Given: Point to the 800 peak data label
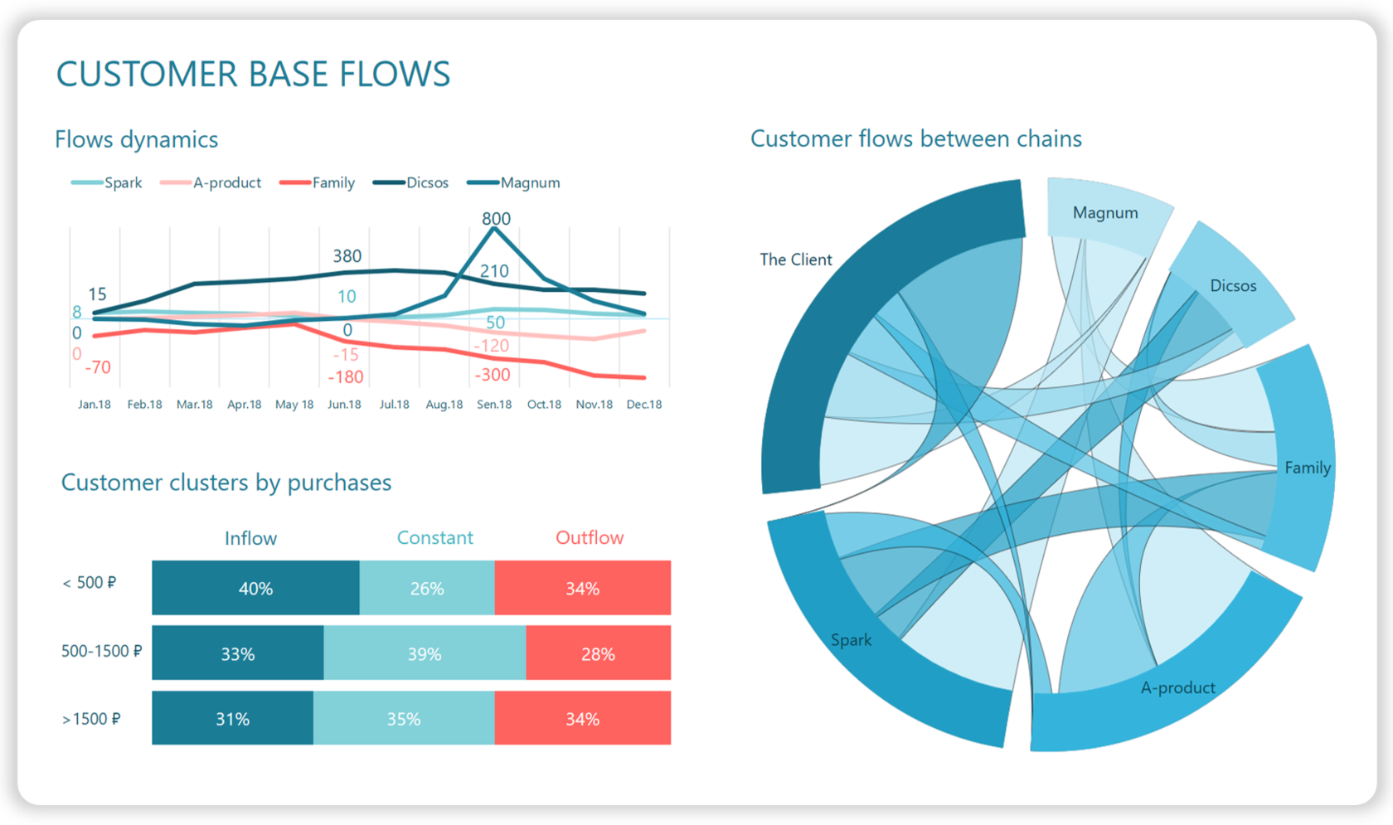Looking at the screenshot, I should pyautogui.click(x=496, y=219).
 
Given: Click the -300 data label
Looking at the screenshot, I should pyautogui.click(x=492, y=375).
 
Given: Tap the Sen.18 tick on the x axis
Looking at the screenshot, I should pyautogui.click(x=494, y=405).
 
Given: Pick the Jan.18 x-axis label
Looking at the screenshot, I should pyautogui.click(x=95, y=405).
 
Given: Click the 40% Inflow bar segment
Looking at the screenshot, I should pyautogui.click(x=255, y=588).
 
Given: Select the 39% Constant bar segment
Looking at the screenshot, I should pyautogui.click(x=424, y=653).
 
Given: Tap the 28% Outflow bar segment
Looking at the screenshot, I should pyautogui.click(x=598, y=653).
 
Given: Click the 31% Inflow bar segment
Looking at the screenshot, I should pyautogui.click(x=232, y=718).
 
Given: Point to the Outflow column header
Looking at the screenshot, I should pyautogui.click(x=589, y=537).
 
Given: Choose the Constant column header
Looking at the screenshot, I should pyautogui.click(x=434, y=537).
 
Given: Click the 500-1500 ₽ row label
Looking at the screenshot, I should pyautogui.click(x=101, y=651).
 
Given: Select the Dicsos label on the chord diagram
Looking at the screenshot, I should pyautogui.click(x=1232, y=286).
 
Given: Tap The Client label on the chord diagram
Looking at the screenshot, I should pyautogui.click(x=795, y=260).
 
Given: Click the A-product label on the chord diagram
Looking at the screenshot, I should pyautogui.click(x=1177, y=687).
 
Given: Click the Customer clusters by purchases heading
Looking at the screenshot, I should pyautogui.click(x=226, y=483).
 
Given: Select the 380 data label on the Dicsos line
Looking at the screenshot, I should pyautogui.click(x=347, y=256).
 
